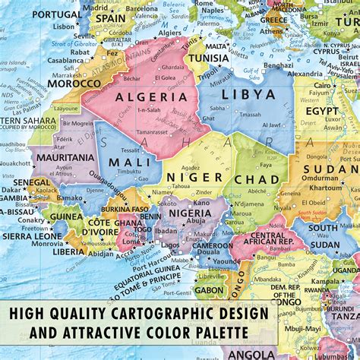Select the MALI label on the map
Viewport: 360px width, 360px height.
pos(131,162)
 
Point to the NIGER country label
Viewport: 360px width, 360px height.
pos(194,177)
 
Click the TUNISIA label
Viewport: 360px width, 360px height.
pos(208,58)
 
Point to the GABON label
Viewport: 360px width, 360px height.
pos(210,289)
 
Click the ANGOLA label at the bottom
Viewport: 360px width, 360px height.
pos(252,355)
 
